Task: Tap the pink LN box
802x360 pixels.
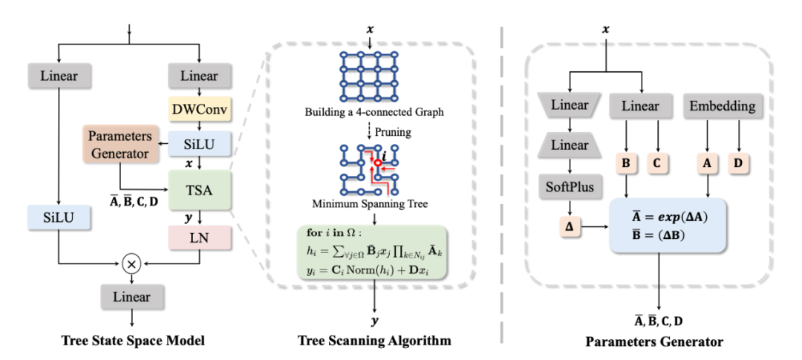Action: (x=200, y=239)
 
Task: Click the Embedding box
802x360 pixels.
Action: (x=721, y=106)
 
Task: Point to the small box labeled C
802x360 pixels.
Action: (x=657, y=162)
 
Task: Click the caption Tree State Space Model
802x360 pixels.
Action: (x=134, y=341)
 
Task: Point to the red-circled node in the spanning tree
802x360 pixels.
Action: (x=377, y=163)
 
